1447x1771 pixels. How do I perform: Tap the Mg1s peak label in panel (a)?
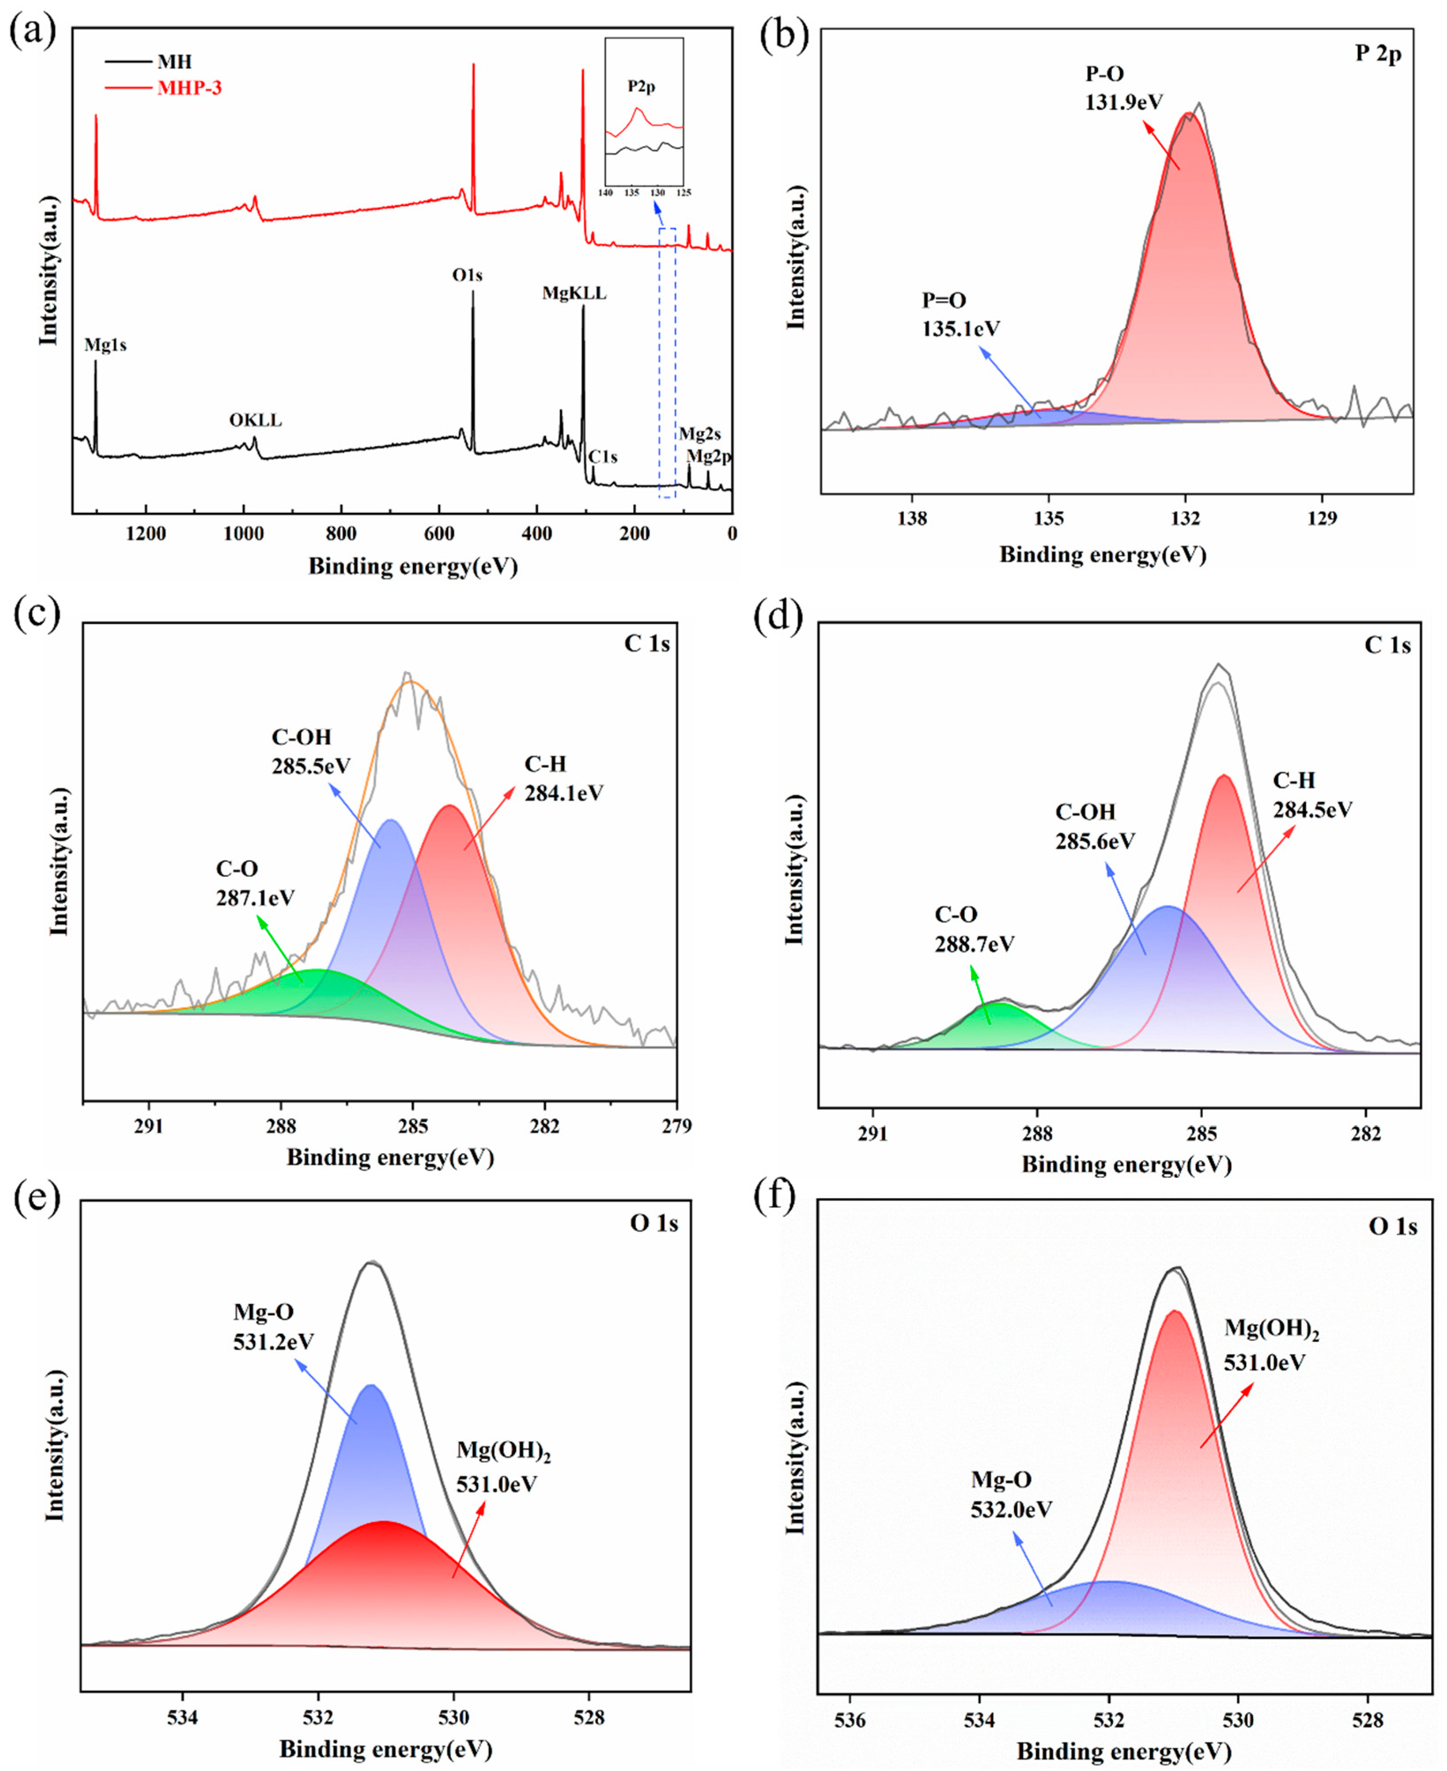[106, 344]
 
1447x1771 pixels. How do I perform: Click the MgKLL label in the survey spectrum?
[574, 293]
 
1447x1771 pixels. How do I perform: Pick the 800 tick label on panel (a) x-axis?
[341, 533]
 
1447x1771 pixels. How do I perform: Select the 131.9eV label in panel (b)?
[1123, 102]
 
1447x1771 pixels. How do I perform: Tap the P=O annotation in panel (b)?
[944, 300]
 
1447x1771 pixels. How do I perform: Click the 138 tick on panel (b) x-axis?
[913, 518]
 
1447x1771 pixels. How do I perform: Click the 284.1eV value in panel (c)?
[563, 793]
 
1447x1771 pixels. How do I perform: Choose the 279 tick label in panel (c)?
[676, 1126]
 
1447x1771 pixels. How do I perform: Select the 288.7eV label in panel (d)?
[975, 944]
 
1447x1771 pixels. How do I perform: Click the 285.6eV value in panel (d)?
[1094, 841]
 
